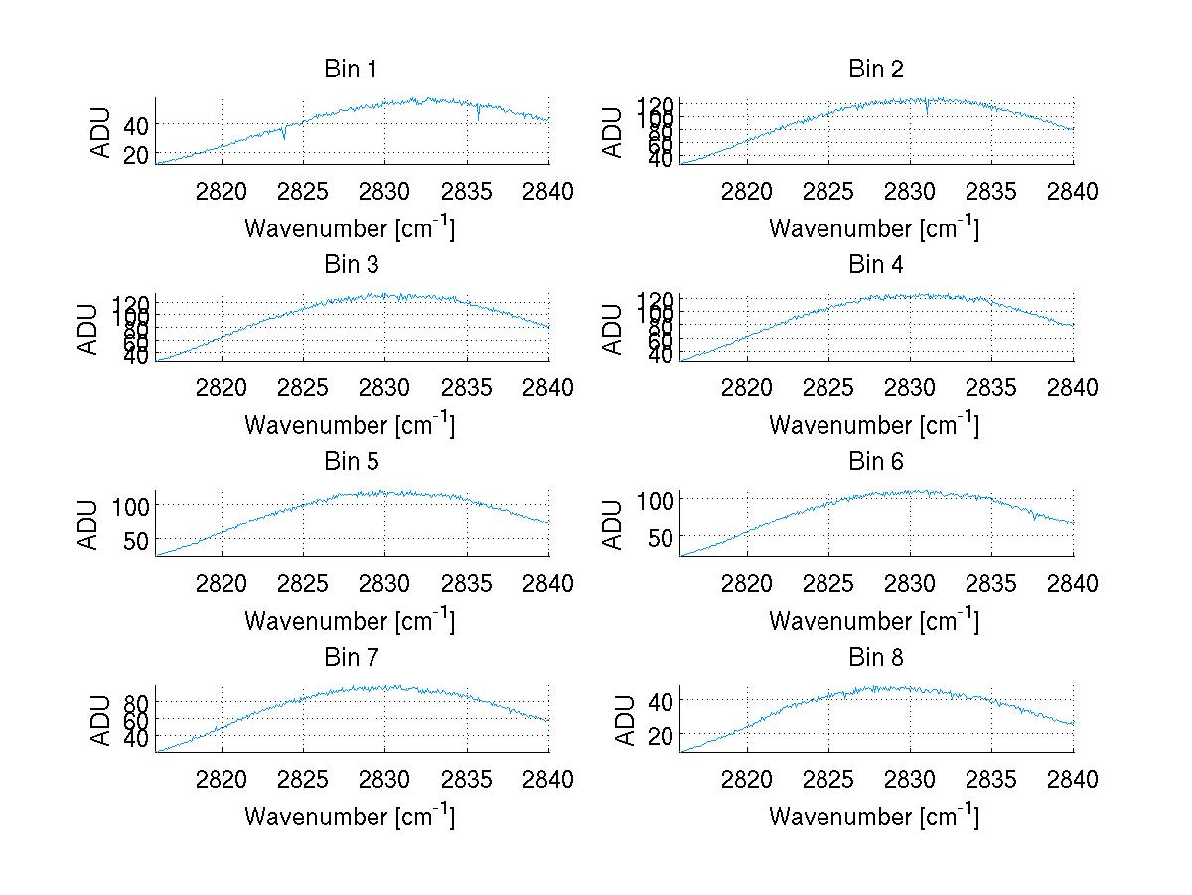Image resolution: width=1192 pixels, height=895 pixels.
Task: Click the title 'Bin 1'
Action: tap(351, 70)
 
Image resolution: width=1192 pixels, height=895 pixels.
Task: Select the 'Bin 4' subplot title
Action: tap(875, 265)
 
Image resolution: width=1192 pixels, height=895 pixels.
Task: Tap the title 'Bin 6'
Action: tap(875, 462)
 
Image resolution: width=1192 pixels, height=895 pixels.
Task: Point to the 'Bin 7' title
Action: tap(351, 658)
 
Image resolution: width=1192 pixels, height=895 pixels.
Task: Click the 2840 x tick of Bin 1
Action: tap(547, 191)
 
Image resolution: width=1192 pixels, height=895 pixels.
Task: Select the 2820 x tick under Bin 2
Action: tap(746, 191)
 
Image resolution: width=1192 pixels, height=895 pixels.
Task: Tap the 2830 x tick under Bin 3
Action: tap(385, 387)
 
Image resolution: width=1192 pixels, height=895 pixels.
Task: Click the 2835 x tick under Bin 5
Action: tap(467, 583)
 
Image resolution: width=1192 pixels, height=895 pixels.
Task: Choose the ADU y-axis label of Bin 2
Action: tap(613, 132)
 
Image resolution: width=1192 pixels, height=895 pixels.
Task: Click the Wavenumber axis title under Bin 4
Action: tap(874, 425)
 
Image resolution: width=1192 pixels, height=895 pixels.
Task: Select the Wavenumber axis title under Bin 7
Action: tap(350, 817)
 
